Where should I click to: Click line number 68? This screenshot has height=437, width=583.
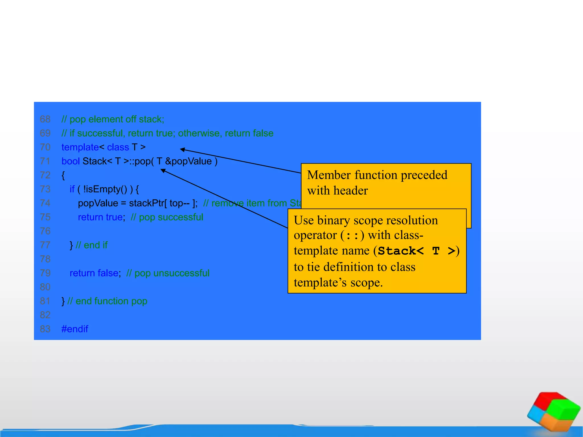(x=45, y=119)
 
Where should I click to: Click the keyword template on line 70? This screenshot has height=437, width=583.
(x=80, y=147)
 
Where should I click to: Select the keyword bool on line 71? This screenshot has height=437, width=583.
(x=70, y=161)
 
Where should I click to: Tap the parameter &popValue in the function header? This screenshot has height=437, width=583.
(x=188, y=161)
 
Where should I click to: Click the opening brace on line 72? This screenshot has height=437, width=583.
(x=63, y=175)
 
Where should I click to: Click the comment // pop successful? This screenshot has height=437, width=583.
(x=167, y=217)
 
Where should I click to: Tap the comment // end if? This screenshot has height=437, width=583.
(x=92, y=245)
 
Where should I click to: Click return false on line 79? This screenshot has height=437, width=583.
(x=94, y=273)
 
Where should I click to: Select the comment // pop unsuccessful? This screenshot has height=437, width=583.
(x=168, y=273)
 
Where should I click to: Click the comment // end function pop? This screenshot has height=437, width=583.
(x=107, y=301)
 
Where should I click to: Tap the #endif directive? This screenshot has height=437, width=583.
(x=75, y=329)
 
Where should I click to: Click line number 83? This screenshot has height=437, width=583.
(x=45, y=329)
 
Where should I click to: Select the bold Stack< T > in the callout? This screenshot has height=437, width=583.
(x=416, y=251)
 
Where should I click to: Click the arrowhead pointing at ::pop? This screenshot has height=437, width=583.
(x=163, y=170)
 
